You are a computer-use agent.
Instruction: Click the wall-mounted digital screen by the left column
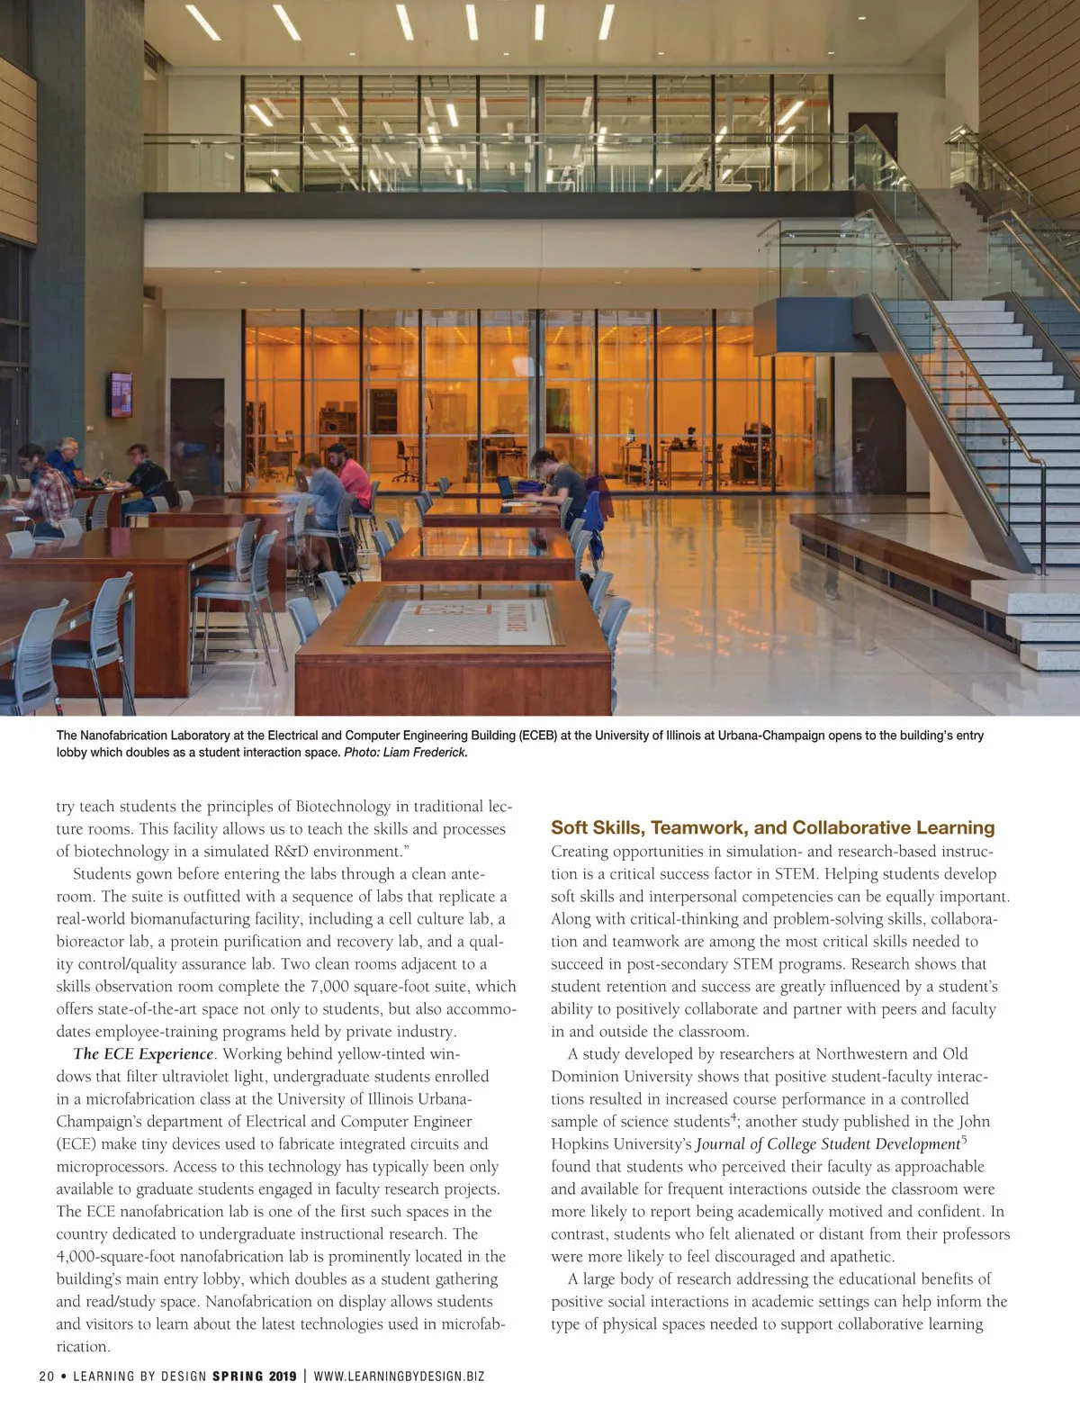pyautogui.click(x=120, y=394)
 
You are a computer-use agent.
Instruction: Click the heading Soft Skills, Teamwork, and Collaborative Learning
pyautogui.click(x=772, y=827)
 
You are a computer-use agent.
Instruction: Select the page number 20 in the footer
pyautogui.click(x=47, y=1376)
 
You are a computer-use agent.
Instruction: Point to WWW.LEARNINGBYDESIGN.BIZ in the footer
pyautogui.click(x=399, y=1376)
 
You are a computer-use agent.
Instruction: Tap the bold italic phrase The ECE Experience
pyautogui.click(x=143, y=1053)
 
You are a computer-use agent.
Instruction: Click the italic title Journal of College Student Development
pyautogui.click(x=827, y=1144)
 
